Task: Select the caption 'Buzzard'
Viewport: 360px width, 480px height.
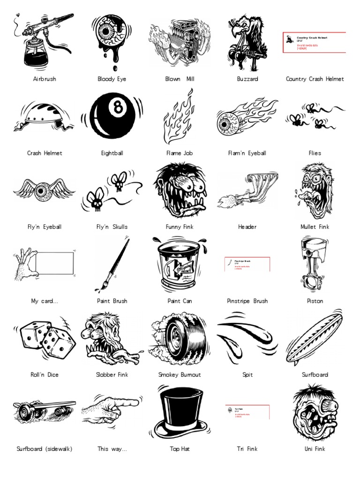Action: (247, 79)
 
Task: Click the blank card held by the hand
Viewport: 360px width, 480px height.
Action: (55, 263)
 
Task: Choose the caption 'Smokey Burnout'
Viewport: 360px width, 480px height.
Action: (180, 375)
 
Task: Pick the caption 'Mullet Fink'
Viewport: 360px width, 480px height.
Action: (315, 227)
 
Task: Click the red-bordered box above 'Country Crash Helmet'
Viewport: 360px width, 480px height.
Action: (315, 43)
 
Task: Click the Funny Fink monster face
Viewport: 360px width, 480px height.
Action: (180, 190)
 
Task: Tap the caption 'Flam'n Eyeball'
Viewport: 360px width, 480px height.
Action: (247, 153)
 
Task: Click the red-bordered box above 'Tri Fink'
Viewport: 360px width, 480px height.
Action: (247, 412)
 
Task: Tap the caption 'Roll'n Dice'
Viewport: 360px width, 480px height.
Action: (45, 375)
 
